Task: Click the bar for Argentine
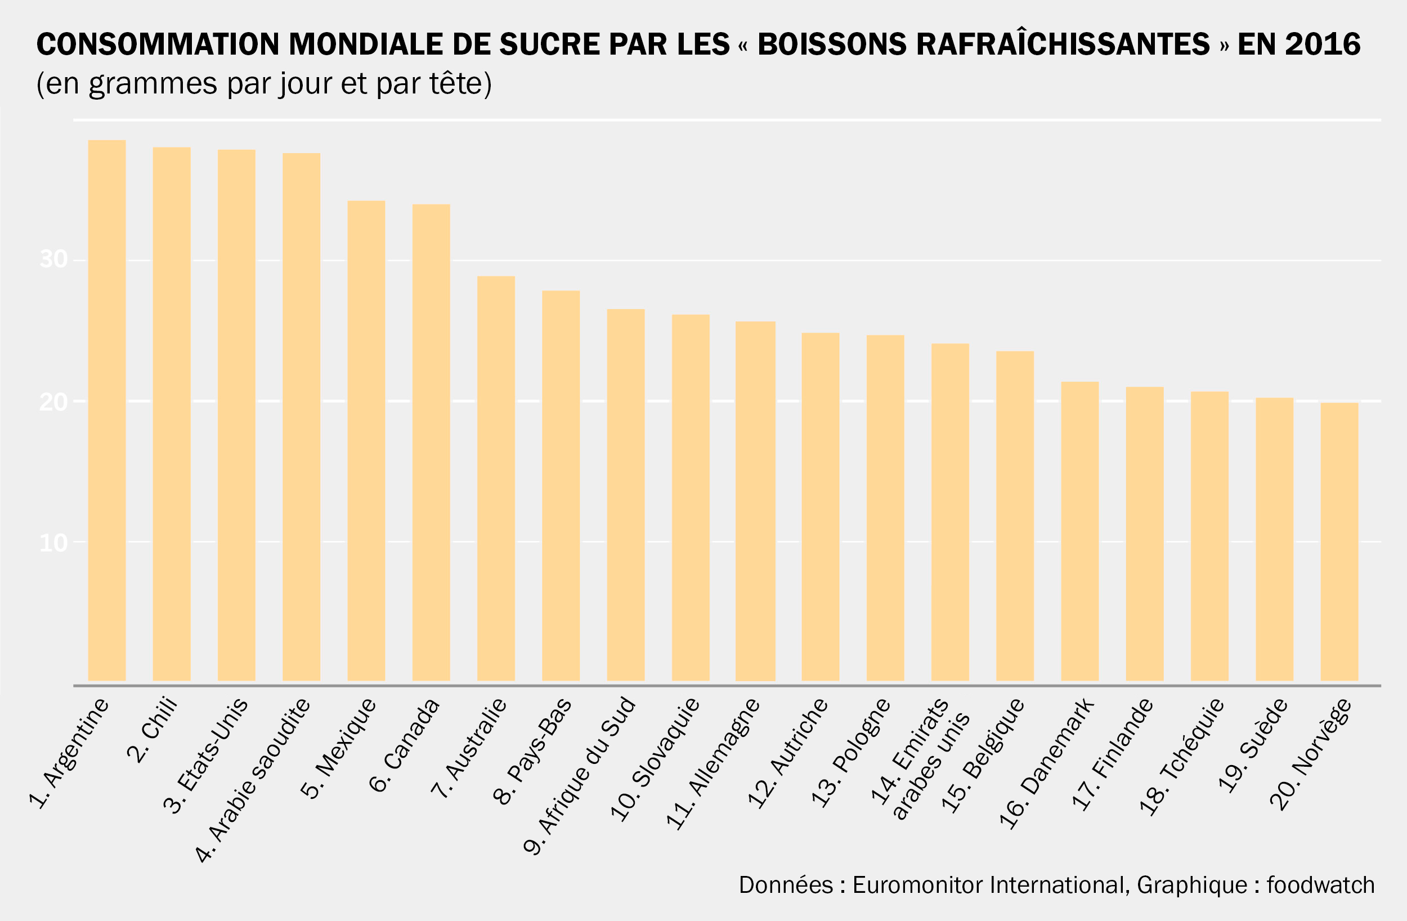point(106,410)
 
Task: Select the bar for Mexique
point(366,441)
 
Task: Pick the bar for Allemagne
point(755,501)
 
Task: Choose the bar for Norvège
point(1339,541)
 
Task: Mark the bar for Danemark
point(1079,531)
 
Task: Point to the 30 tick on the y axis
point(53,260)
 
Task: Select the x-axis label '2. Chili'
point(153,731)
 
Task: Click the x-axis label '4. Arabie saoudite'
point(253,781)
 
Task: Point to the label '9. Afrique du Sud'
point(579,776)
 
